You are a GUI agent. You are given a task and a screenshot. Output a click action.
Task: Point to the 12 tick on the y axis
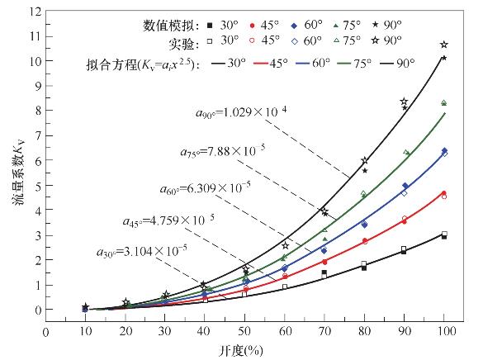pyautogui.click(x=34, y=12)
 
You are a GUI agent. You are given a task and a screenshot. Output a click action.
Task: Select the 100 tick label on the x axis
pyautogui.click(x=444, y=330)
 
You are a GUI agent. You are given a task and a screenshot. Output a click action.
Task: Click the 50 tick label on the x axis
pyautogui.click(x=245, y=330)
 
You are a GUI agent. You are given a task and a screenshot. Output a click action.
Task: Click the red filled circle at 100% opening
pyautogui.click(x=444, y=193)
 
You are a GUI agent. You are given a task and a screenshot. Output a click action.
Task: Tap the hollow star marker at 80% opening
pyautogui.click(x=364, y=161)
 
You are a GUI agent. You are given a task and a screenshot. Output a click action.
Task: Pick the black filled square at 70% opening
pyautogui.click(x=324, y=272)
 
